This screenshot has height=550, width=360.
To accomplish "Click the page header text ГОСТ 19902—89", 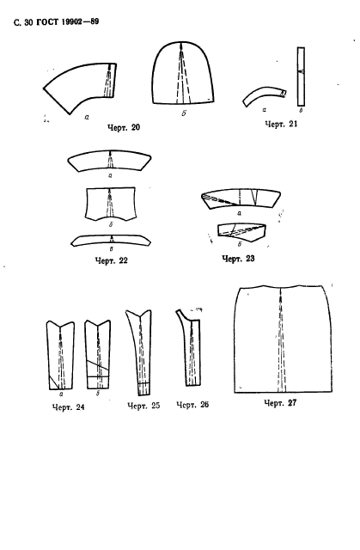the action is point(68,22).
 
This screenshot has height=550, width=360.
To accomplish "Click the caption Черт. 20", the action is point(124,127).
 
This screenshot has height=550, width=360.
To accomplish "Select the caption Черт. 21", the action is point(281,124).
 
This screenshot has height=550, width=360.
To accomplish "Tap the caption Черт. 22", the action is point(112,260).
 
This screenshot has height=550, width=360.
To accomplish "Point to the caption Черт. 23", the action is point(238,259).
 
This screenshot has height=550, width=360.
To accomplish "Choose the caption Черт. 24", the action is point(69,407).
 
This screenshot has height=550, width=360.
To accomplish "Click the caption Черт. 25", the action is point(143,406).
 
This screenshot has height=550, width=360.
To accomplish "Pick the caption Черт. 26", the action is point(192,405).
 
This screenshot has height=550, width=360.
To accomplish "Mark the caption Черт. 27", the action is point(280,403).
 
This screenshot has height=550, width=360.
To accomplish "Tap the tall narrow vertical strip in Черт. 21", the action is point(301,76).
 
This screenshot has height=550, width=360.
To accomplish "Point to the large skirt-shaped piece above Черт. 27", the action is point(284,339).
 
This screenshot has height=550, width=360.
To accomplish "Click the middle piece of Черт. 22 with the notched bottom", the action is point(111,205).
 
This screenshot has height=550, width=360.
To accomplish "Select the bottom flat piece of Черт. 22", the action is point(111,241).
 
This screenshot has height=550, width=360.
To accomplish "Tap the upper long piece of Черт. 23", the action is point(241,199).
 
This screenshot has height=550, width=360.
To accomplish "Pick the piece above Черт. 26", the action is point(189,347).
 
